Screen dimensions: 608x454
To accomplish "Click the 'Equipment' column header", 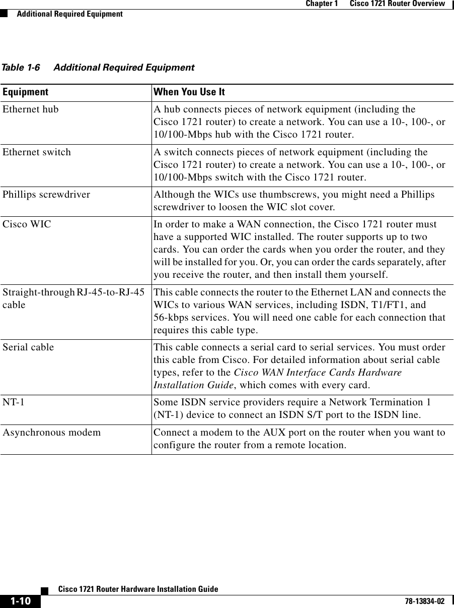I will coord(25,92).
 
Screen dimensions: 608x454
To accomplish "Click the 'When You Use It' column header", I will coord(189,92).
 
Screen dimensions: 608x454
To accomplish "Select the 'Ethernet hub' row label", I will coord(30,109).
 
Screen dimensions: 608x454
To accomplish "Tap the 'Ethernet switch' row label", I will coord(37,152).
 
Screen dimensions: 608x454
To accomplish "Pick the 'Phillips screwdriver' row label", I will coord(46,195).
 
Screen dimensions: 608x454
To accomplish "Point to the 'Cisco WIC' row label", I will coord(27,224).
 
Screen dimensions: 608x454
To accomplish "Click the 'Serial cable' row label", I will coord(28,347).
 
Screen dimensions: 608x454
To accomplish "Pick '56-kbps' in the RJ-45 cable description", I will coord(169,318).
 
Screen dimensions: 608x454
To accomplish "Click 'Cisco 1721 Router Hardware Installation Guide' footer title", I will coord(138,589).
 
